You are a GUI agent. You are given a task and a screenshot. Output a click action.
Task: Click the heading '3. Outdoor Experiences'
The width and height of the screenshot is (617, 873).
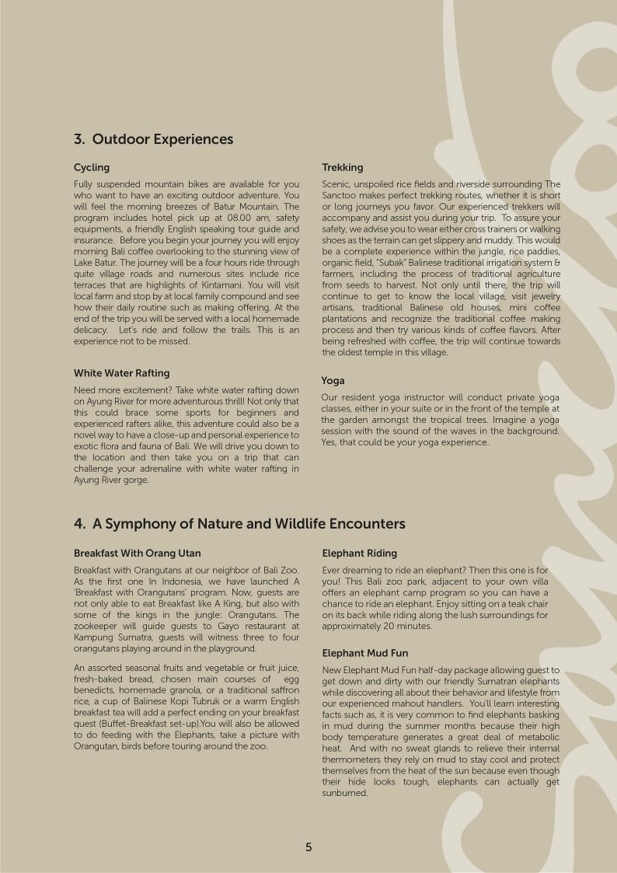(x=153, y=139)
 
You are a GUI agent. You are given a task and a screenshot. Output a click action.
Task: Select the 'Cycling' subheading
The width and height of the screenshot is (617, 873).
(x=92, y=167)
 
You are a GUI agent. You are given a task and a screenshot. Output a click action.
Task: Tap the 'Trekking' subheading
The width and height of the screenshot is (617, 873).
(x=342, y=167)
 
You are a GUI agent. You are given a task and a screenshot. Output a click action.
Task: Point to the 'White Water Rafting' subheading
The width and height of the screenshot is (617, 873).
(x=121, y=373)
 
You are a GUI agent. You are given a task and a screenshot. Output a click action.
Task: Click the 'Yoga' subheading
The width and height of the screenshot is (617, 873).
(x=333, y=381)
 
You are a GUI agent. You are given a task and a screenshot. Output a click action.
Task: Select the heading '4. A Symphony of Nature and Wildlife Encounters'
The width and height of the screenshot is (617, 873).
(x=239, y=524)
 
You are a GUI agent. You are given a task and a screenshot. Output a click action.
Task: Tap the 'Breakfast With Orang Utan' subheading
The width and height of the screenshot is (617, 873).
(x=137, y=553)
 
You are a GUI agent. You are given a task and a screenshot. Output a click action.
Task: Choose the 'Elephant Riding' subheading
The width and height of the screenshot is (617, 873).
(x=359, y=553)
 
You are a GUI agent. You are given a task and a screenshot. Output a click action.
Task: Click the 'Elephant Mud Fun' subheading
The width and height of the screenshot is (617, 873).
(x=364, y=653)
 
